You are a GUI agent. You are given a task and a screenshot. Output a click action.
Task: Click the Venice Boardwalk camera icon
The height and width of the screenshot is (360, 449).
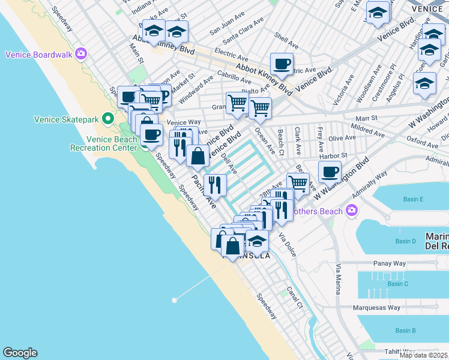(80, 55)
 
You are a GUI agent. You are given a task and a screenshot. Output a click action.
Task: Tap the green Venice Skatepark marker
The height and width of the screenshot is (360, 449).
(108, 119)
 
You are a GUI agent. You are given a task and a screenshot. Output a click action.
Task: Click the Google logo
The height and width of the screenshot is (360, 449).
(20, 353)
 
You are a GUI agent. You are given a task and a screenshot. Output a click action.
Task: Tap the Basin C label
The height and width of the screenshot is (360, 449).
(398, 284)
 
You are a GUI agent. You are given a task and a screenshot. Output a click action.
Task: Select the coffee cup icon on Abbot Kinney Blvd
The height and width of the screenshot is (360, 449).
(281, 64)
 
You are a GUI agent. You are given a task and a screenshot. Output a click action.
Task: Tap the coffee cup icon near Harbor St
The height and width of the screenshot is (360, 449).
(329, 172)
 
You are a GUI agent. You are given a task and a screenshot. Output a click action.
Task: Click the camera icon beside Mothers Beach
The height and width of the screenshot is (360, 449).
(351, 211)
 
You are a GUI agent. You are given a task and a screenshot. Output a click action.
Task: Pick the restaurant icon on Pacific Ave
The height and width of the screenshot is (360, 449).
(215, 186)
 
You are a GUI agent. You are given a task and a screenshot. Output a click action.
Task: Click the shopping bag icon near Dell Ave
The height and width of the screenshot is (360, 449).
(197, 157)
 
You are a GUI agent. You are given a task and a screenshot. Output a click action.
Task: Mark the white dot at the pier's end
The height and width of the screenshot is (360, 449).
(173, 299)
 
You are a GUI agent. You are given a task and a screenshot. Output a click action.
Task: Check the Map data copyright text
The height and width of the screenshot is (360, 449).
(423, 355)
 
